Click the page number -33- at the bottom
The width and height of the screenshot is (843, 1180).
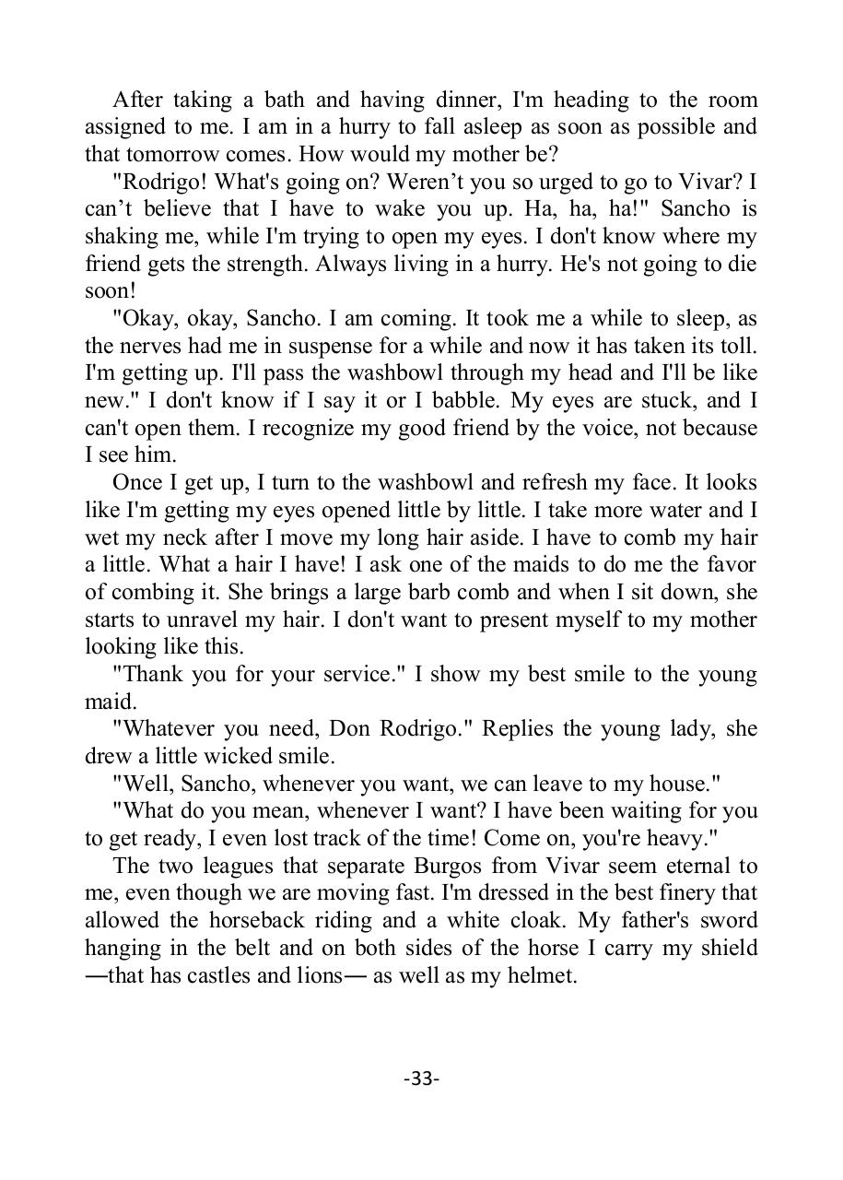point(421,1079)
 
